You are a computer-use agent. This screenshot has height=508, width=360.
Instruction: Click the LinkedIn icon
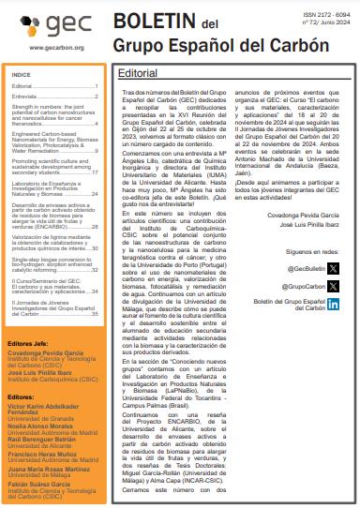click(x=334, y=305)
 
